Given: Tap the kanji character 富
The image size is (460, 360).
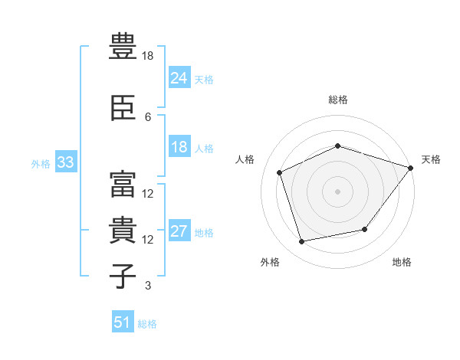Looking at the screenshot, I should tap(123, 182).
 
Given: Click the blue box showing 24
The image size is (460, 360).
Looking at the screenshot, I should tap(179, 77).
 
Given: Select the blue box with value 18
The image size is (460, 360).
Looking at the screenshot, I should tap(179, 147).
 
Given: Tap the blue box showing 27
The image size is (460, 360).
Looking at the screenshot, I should tap(179, 231).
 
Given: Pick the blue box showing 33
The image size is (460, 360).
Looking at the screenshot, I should tap(65, 162).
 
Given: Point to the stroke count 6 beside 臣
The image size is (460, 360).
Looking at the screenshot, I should tap(148, 116).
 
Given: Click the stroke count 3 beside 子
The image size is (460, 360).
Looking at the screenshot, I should tap(148, 286).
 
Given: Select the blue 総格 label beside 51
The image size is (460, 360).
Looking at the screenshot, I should tap(147, 324).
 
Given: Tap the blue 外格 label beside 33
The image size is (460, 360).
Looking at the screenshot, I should tap(41, 163).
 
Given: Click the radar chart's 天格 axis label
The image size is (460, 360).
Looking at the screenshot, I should tap(431, 159).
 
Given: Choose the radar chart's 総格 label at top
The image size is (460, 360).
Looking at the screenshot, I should tap(338, 100).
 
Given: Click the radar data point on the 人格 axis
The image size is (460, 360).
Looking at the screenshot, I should tap(280, 172).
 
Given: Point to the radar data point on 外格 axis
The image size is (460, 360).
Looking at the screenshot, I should tap(302, 242).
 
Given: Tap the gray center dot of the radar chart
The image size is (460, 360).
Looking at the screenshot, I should tap(338, 191).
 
